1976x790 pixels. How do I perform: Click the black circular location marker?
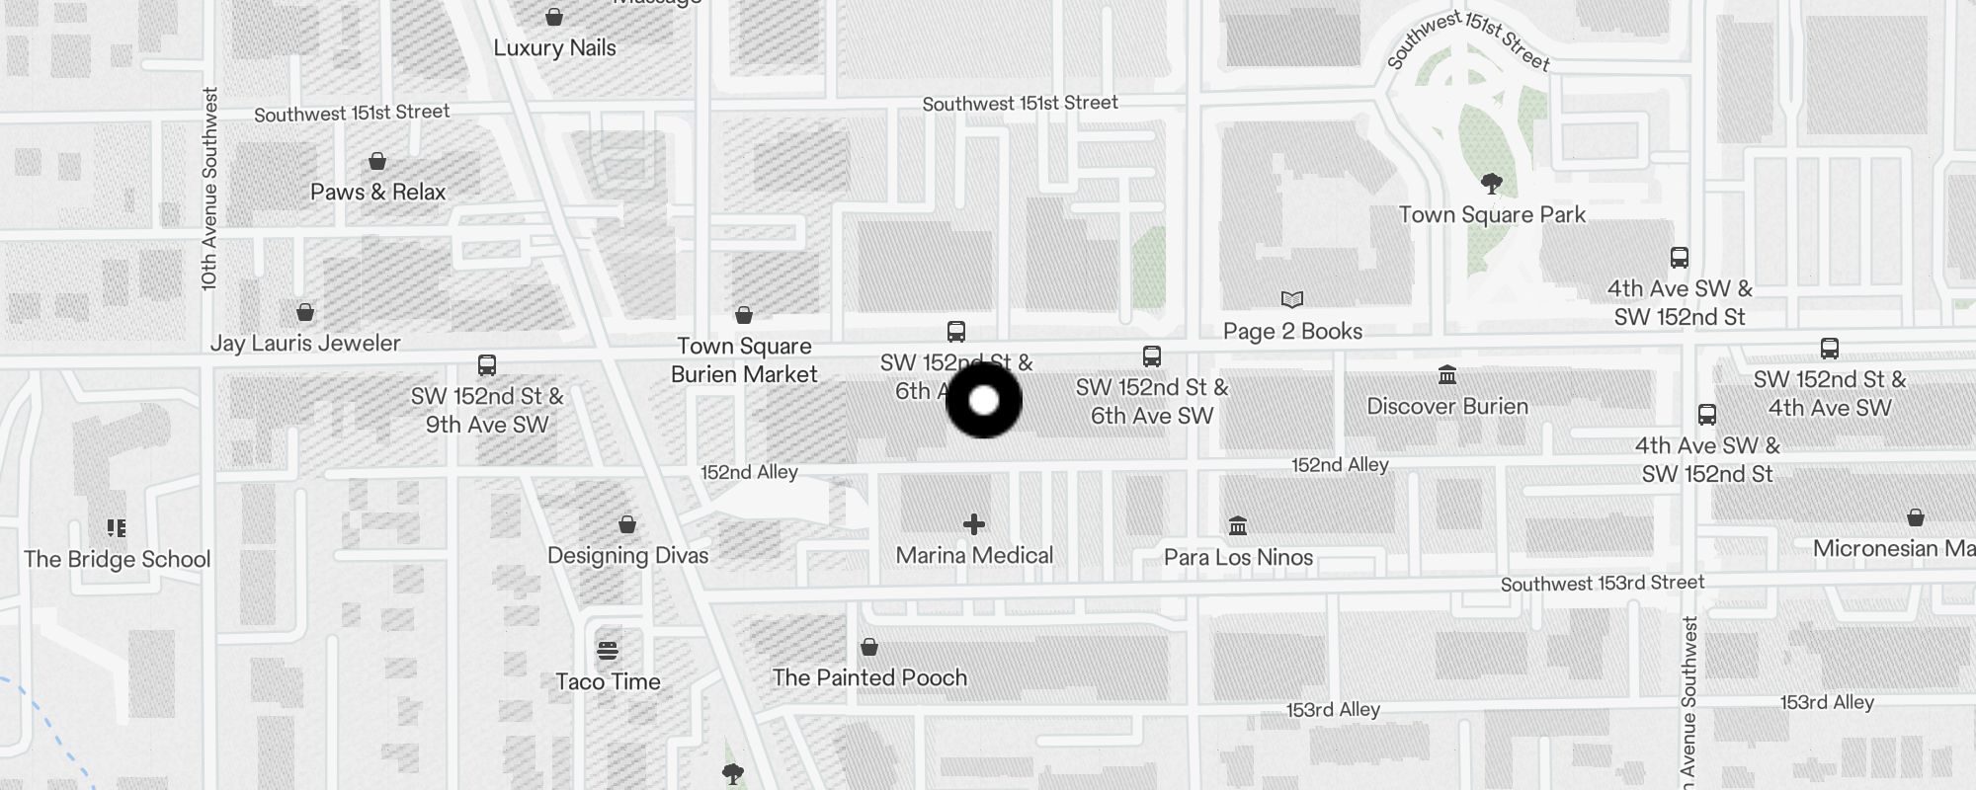tap(984, 400)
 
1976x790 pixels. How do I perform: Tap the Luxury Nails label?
tap(554, 48)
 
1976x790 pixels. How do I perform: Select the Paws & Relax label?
tap(377, 192)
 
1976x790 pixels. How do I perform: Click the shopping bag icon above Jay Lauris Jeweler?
tap(305, 313)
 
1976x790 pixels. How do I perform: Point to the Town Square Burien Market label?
tap(744, 360)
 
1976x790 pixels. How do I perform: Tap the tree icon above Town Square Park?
tap(1492, 183)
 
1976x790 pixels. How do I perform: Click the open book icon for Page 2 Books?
tap(1291, 299)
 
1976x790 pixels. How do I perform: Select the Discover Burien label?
tap(1447, 406)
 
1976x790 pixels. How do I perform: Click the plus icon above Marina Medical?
tap(974, 524)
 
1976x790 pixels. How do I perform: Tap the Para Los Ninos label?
tap(1238, 557)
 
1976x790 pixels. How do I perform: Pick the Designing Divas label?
tap(627, 555)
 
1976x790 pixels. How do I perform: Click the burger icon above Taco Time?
tap(608, 651)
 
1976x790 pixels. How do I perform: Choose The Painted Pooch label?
tap(869, 677)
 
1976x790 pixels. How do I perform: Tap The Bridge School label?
tap(118, 559)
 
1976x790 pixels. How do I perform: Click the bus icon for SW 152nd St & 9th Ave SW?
tap(487, 365)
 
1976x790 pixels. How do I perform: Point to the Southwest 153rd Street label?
tap(1602, 584)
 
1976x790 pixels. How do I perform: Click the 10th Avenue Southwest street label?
tap(208, 188)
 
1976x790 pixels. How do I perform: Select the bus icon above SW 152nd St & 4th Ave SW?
tap(1830, 349)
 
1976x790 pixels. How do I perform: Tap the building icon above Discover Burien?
tap(1447, 375)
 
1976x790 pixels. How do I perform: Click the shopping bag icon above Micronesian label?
tap(1915, 517)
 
